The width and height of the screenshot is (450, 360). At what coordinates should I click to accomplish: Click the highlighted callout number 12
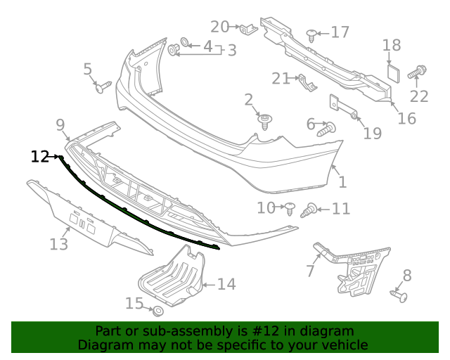point(40,156)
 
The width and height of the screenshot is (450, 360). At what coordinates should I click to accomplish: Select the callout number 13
point(58,244)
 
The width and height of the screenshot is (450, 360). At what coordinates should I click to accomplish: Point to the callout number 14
point(226,284)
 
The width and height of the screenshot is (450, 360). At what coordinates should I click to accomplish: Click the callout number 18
point(392,46)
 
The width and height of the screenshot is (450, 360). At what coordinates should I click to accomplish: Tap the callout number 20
point(220,27)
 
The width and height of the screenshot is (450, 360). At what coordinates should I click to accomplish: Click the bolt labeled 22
point(417,71)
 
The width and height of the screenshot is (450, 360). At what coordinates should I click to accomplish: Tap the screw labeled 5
point(103,86)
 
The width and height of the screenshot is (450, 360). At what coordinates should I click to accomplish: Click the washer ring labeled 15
point(158,311)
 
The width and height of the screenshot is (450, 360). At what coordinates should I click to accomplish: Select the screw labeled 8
point(399,296)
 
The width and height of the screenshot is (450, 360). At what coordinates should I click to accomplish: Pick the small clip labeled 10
point(290,207)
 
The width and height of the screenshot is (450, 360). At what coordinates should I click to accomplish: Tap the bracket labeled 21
point(307,83)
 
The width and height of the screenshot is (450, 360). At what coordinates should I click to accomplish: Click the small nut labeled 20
point(247,29)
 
